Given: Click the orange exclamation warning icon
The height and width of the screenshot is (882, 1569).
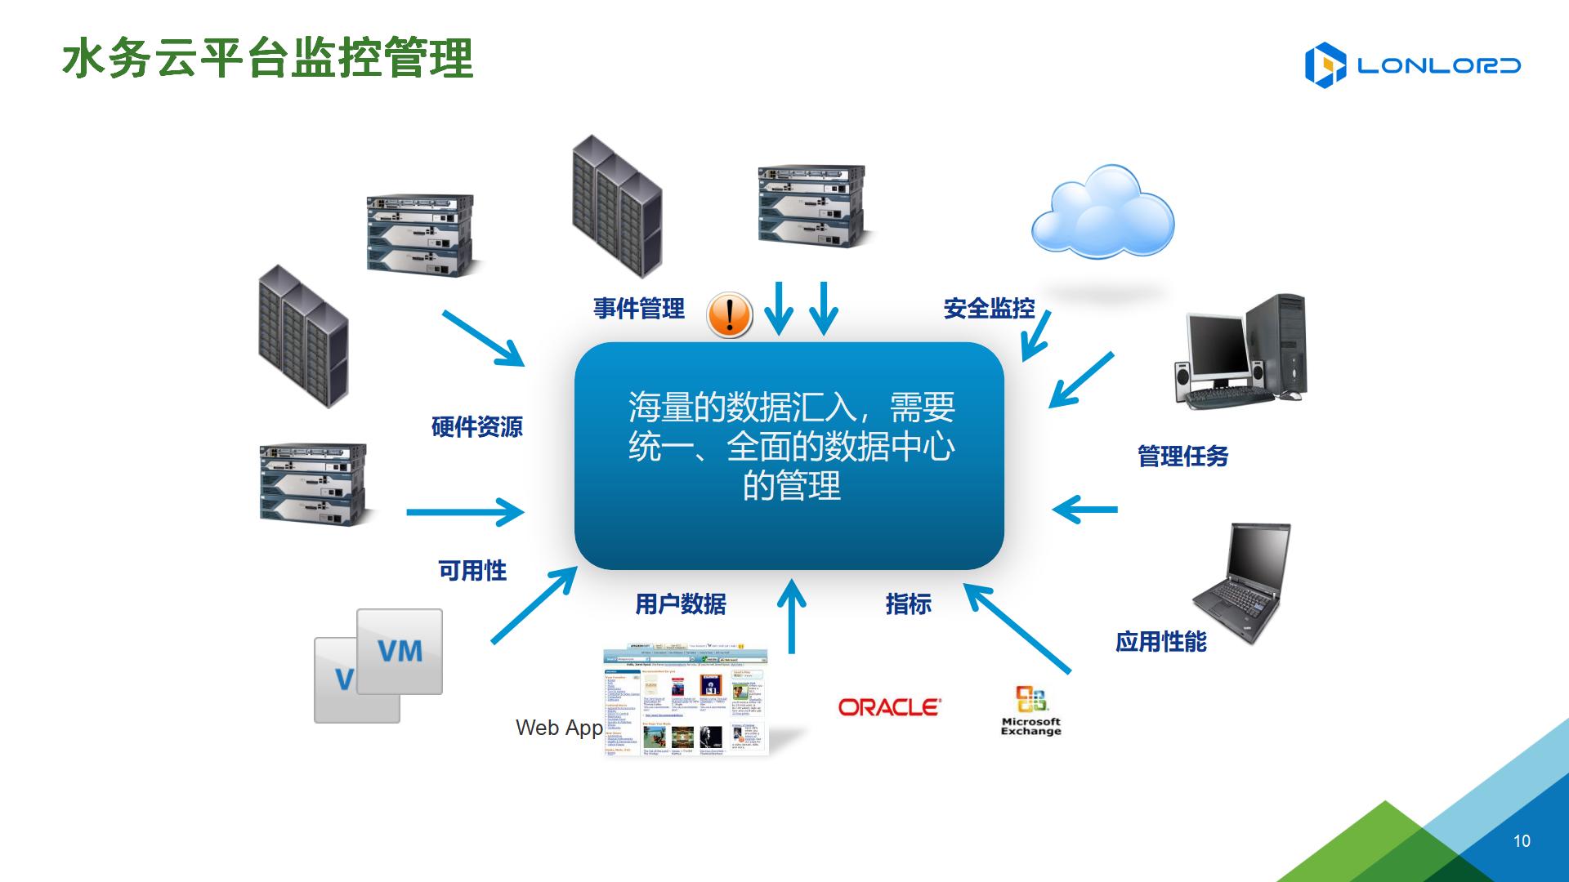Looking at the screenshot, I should point(729,314).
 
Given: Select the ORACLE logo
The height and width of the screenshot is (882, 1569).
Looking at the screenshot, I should point(889,707).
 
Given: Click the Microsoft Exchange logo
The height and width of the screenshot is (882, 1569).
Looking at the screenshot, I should point(1030,710).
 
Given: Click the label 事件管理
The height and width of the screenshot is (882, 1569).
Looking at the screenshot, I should point(638,309).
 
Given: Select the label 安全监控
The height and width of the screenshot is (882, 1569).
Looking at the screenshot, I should point(989,309).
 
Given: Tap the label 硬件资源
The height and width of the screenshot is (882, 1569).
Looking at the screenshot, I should point(476,426).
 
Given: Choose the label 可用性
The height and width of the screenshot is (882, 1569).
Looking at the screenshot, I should point(472,570).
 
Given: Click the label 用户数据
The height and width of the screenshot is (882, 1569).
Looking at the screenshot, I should point(681,604).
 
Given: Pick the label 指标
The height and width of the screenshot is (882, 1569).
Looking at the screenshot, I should point(908,604).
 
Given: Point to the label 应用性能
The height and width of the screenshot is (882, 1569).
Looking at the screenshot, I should point(1160,642).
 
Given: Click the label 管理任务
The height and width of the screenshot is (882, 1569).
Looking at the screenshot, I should point(1182,456).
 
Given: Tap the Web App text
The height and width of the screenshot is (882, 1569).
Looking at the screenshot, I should point(559,728).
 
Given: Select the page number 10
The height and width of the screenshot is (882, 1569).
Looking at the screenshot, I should point(1522,841).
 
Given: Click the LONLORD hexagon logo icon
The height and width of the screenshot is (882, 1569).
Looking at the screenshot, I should point(1325,65).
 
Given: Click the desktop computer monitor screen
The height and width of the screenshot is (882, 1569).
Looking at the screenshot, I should point(1217,344).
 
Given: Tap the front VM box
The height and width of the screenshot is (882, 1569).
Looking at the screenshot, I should point(400,652).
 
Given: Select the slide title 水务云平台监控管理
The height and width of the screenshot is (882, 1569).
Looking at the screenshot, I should point(268,59).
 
